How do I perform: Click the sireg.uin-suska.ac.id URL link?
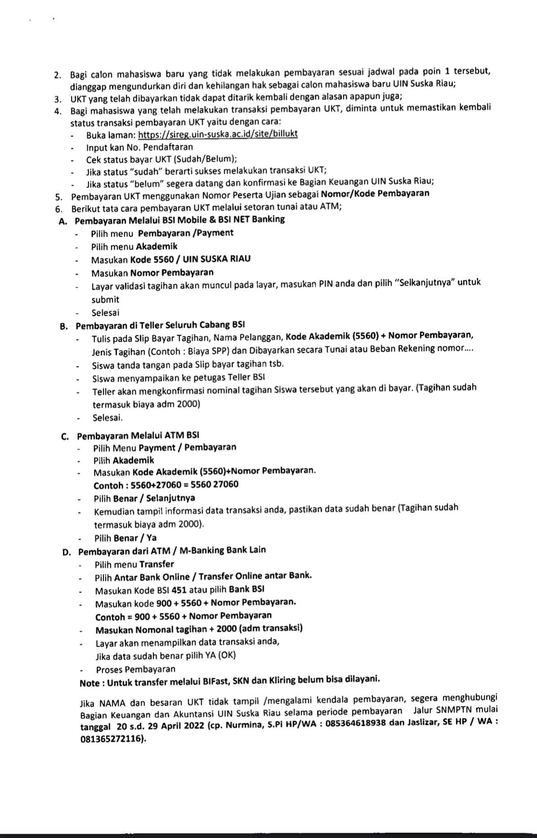(217, 134)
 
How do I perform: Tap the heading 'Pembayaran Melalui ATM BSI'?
(138, 436)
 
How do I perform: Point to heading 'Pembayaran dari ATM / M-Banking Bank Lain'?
(172, 550)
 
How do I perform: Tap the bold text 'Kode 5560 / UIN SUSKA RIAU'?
(190, 259)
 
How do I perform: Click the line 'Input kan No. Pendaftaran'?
(139, 147)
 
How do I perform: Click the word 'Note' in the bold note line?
(90, 683)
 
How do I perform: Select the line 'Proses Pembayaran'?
(135, 669)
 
